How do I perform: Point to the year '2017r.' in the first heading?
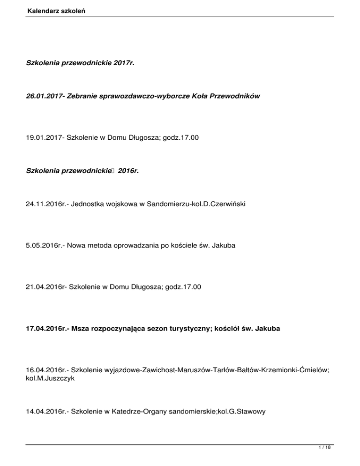[124, 62]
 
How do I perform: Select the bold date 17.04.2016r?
[47, 330]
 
